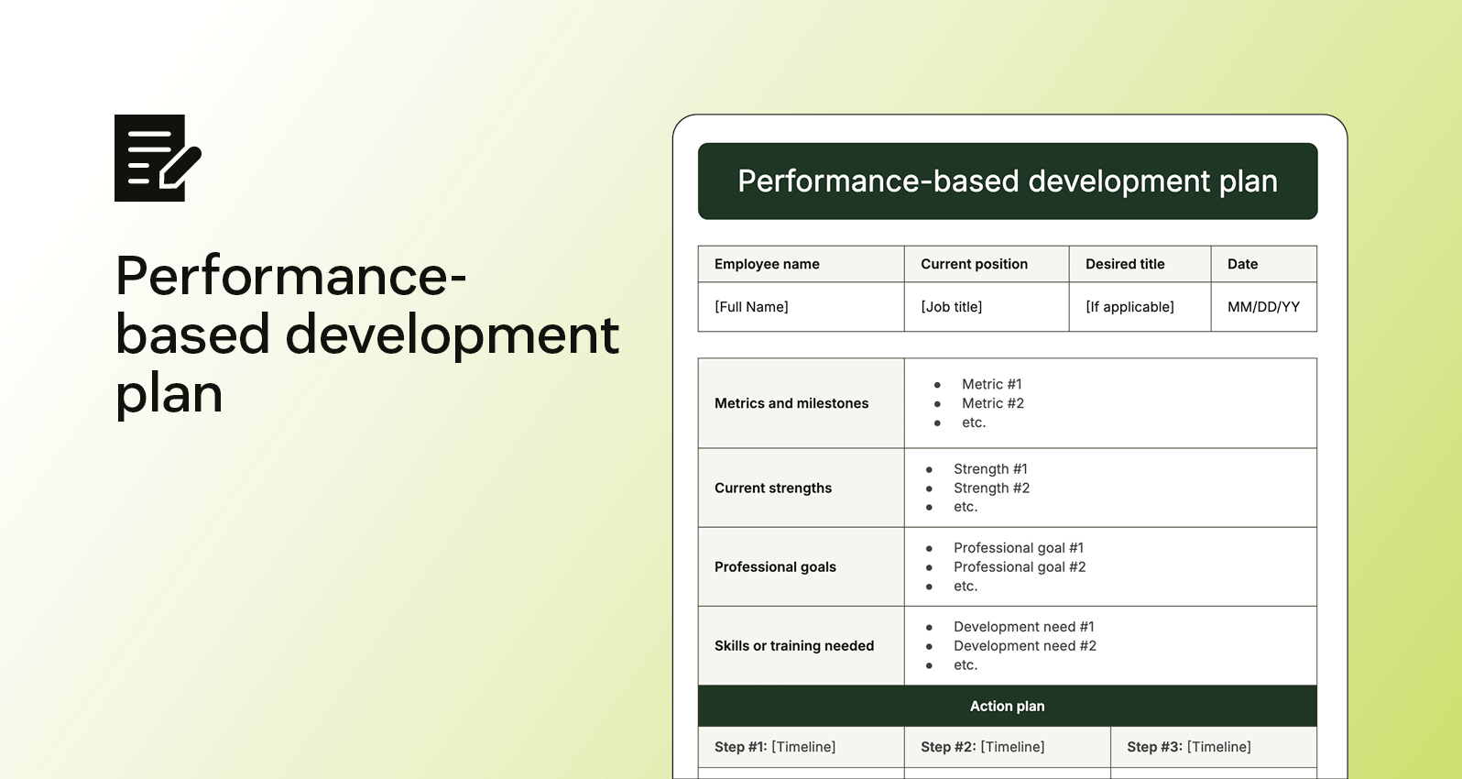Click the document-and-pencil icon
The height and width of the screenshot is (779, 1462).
pyautogui.click(x=158, y=158)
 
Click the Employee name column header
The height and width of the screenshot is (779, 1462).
pyautogui.click(x=767, y=264)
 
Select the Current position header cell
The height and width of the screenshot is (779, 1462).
pyautogui.click(x=974, y=264)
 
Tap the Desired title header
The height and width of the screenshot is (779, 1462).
pyautogui.click(x=1125, y=264)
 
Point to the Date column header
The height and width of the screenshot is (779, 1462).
pyautogui.click(x=1242, y=264)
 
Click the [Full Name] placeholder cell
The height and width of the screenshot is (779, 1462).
pyautogui.click(x=751, y=307)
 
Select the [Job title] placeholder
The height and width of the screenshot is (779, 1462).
pyautogui.click(x=951, y=307)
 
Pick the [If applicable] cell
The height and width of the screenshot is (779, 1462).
pyautogui.click(x=1129, y=307)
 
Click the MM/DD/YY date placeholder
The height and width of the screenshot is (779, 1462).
pyautogui.click(x=1263, y=307)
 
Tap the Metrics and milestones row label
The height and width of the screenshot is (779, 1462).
pyautogui.click(x=791, y=403)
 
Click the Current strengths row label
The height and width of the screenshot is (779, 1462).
pyautogui.click(x=773, y=488)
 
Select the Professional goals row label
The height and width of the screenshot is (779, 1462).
pyautogui.click(x=775, y=567)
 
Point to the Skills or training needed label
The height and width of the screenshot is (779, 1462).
pyautogui.click(x=794, y=646)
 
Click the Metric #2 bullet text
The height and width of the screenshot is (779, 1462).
pyautogui.click(x=992, y=403)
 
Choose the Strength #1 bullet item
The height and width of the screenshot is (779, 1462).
pyautogui.click(x=990, y=469)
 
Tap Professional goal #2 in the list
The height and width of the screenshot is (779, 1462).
pyautogui.click(x=1019, y=567)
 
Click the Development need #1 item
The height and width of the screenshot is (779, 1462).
pyautogui.click(x=1023, y=627)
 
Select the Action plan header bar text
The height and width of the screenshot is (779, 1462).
pyautogui.click(x=1007, y=707)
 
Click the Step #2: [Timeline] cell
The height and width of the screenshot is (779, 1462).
pyautogui.click(x=982, y=747)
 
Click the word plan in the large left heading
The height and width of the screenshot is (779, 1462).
pyautogui.click(x=169, y=395)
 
